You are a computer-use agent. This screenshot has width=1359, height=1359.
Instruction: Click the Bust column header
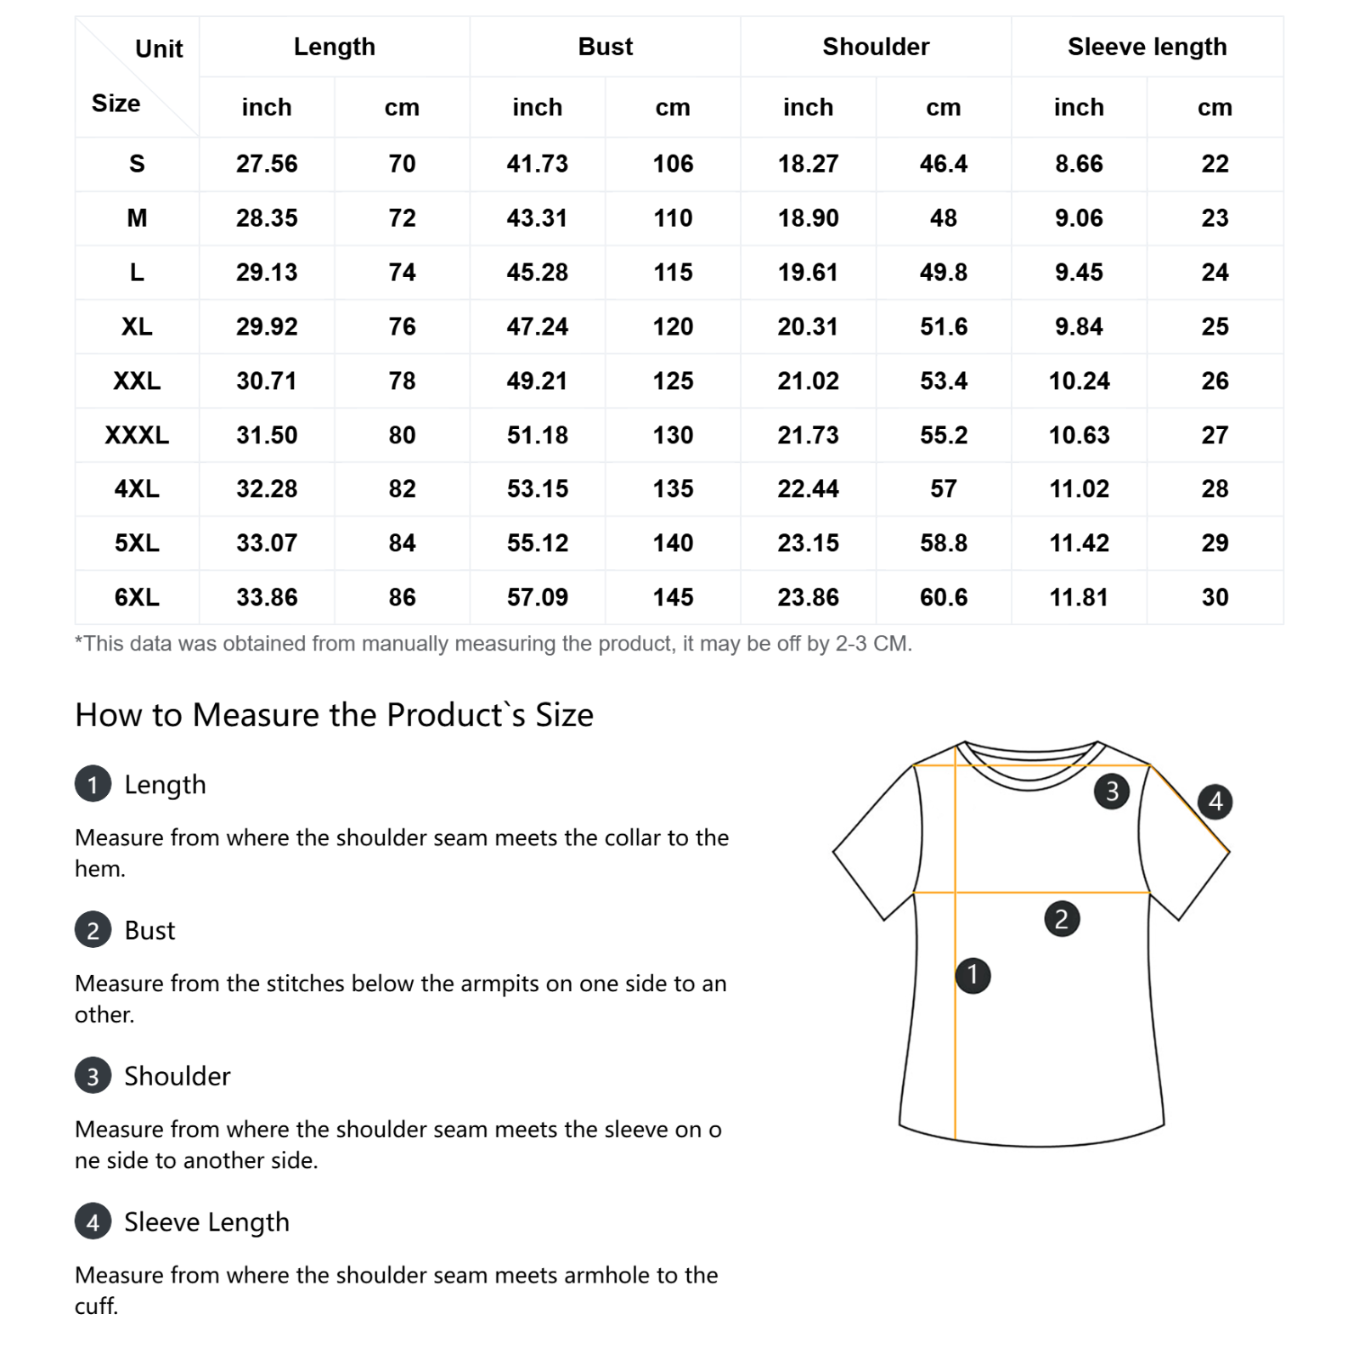click(x=605, y=47)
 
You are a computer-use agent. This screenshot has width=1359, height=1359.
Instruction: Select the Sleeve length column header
click(x=1147, y=47)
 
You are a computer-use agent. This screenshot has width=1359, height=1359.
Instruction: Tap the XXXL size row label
click(x=137, y=435)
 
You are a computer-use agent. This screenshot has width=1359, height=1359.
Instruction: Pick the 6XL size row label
click(x=137, y=597)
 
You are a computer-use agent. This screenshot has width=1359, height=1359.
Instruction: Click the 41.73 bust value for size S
click(x=537, y=164)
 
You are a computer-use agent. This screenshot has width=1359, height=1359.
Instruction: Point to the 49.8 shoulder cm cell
click(x=943, y=273)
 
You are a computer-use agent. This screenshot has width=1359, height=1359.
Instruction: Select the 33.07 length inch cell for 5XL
click(x=267, y=543)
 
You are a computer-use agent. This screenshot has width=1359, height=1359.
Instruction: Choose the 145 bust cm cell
click(x=673, y=597)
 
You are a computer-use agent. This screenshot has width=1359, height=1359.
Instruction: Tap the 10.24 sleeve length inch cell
click(x=1079, y=381)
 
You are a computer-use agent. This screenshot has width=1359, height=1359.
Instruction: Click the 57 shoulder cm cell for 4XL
click(x=943, y=488)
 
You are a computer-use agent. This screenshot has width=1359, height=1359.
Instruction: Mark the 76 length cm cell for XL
click(x=402, y=327)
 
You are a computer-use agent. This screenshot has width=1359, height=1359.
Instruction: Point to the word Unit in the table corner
click(x=159, y=49)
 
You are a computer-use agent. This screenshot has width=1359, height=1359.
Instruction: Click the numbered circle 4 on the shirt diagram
click(x=1215, y=801)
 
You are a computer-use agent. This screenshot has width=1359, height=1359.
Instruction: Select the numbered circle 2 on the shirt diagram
click(x=1061, y=919)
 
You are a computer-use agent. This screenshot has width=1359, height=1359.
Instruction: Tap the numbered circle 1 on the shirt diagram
click(x=973, y=974)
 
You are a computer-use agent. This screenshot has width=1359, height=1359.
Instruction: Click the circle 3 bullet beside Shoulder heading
click(x=93, y=1076)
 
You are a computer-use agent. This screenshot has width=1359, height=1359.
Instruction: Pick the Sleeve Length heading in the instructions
click(x=206, y=1222)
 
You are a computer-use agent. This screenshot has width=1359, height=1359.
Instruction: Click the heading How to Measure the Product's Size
click(x=334, y=715)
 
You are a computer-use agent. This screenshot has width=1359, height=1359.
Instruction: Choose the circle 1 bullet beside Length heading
click(x=93, y=784)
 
